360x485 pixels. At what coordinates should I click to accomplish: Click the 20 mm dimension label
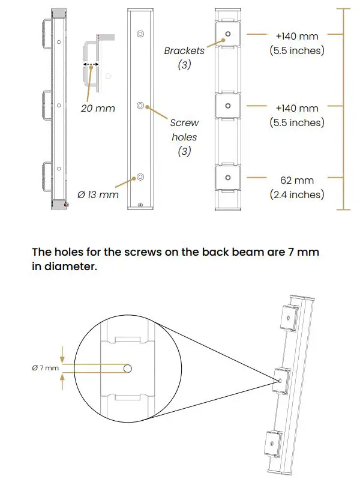[98, 109]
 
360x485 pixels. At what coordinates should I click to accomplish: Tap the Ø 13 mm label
[98, 194]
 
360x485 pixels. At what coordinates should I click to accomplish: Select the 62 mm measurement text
[297, 180]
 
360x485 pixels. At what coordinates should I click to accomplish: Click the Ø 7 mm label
[46, 367]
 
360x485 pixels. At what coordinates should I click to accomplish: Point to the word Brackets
[184, 51]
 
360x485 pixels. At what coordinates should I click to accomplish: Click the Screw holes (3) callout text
[184, 137]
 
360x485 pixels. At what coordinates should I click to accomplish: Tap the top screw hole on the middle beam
[140, 34]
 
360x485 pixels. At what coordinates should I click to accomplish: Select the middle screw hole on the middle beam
[140, 106]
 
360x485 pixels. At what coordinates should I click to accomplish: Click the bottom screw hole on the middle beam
[140, 177]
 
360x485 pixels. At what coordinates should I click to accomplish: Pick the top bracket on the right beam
[227, 35]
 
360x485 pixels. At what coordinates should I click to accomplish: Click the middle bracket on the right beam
[227, 106]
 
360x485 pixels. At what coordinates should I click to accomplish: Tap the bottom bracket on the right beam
[227, 178]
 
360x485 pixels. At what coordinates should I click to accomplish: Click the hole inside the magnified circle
[128, 368]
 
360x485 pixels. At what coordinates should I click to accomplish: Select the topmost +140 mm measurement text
[297, 37]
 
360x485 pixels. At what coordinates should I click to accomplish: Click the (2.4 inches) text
[297, 194]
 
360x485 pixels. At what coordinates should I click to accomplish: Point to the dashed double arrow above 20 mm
[91, 63]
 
